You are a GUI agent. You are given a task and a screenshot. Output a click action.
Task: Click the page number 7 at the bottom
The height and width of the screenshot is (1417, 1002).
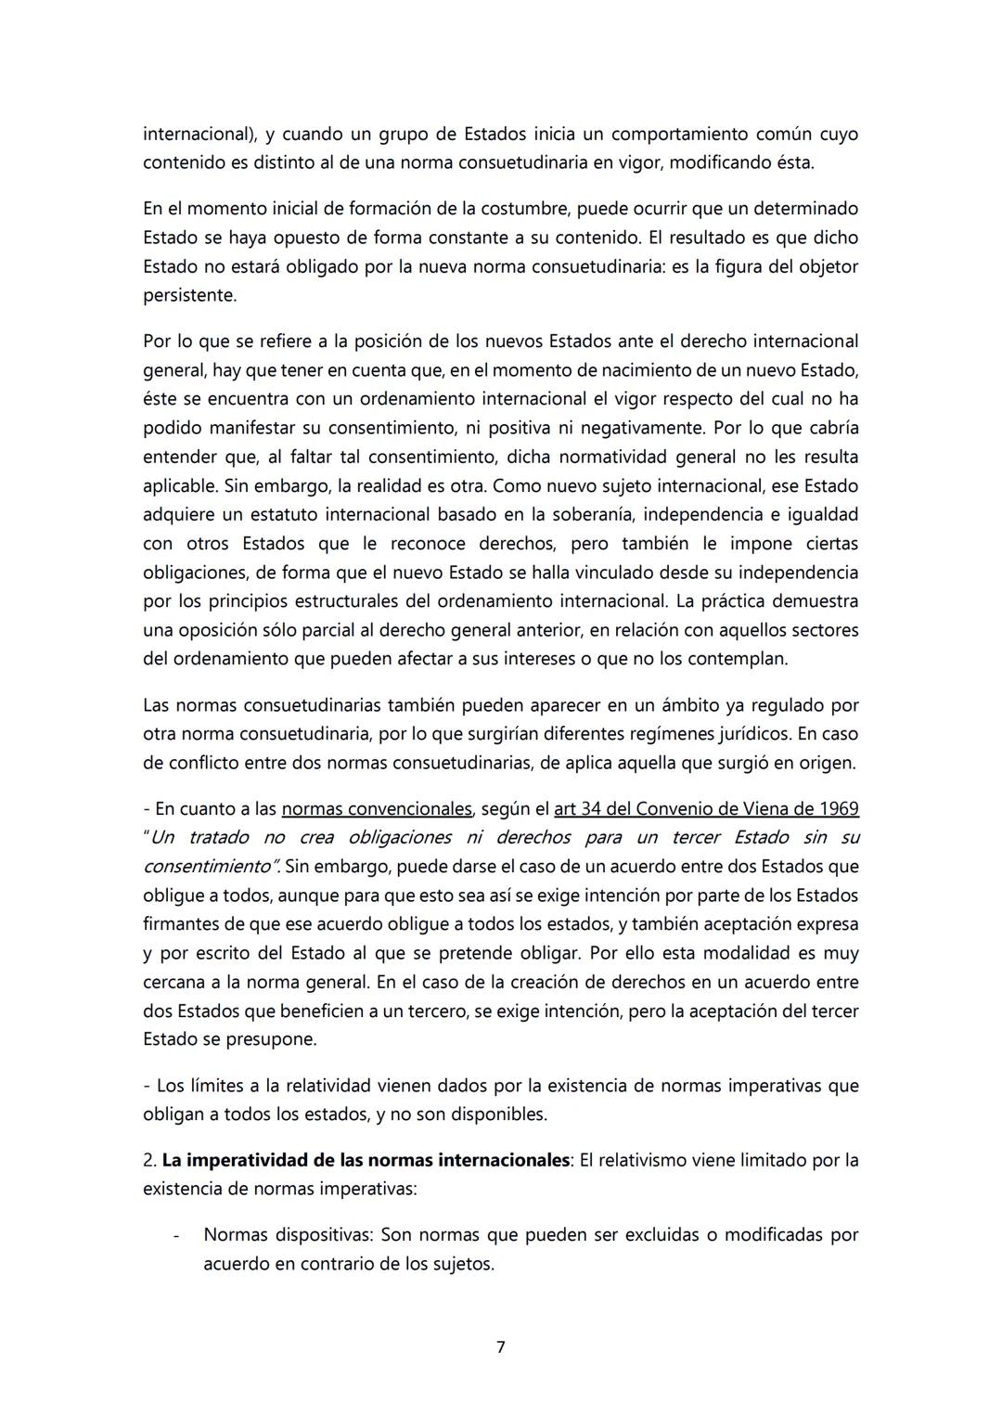click(x=500, y=1346)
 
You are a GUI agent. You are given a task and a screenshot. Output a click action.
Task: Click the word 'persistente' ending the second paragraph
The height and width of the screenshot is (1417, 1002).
click(x=188, y=296)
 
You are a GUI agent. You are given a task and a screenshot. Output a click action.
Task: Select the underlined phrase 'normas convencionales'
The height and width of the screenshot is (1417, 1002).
click(x=377, y=808)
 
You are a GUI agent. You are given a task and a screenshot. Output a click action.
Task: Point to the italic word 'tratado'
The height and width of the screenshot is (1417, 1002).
click(x=218, y=837)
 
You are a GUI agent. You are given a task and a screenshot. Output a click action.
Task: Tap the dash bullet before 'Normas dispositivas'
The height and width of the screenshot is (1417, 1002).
click(x=175, y=1235)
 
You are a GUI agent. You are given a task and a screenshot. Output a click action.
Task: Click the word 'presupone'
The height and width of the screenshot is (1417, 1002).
click(x=271, y=1039)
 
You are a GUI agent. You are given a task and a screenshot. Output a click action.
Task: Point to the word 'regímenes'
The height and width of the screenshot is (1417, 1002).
click(x=640, y=733)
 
